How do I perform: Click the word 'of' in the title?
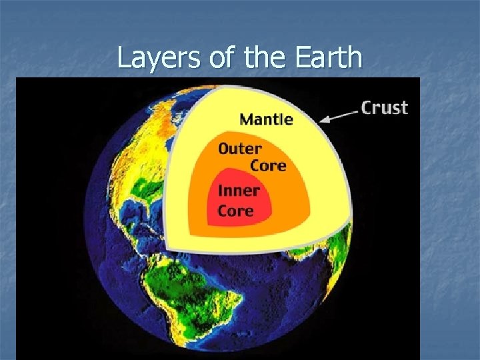pos(221,59)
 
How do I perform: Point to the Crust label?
pos(384,108)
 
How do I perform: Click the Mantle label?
pos(266,120)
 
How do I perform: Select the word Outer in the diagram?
pos(239,149)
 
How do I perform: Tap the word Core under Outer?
pos(268,165)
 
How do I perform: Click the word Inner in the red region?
pos(238,191)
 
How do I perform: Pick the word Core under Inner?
pos(235,211)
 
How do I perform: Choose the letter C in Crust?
pos(367,108)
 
